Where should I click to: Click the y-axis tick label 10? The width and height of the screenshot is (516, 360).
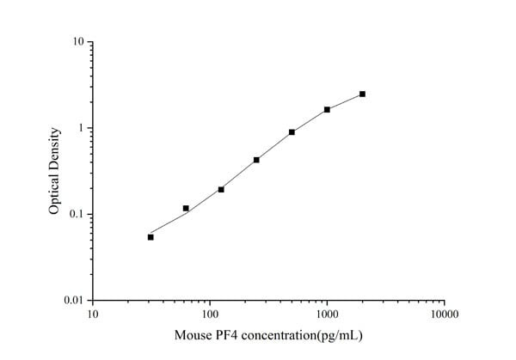[77, 41]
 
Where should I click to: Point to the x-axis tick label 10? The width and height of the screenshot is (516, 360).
[92, 314]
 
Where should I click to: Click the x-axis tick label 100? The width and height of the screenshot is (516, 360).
[209, 314]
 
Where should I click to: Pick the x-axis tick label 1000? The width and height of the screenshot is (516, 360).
[326, 314]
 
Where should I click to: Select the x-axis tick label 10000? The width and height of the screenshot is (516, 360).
[443, 314]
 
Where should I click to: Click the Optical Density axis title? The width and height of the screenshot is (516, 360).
[54, 171]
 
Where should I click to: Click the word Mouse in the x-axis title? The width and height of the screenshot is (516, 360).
[193, 335]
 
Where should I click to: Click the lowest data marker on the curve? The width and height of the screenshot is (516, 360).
[150, 237]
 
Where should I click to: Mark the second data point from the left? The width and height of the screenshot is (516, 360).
[186, 208]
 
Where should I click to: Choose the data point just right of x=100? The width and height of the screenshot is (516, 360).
[221, 189]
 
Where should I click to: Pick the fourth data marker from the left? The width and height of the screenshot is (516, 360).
[256, 160]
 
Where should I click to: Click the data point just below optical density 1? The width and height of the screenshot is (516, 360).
[292, 132]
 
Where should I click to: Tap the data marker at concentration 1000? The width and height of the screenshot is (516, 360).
[327, 110]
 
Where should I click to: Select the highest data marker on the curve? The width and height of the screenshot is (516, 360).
[362, 94]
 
